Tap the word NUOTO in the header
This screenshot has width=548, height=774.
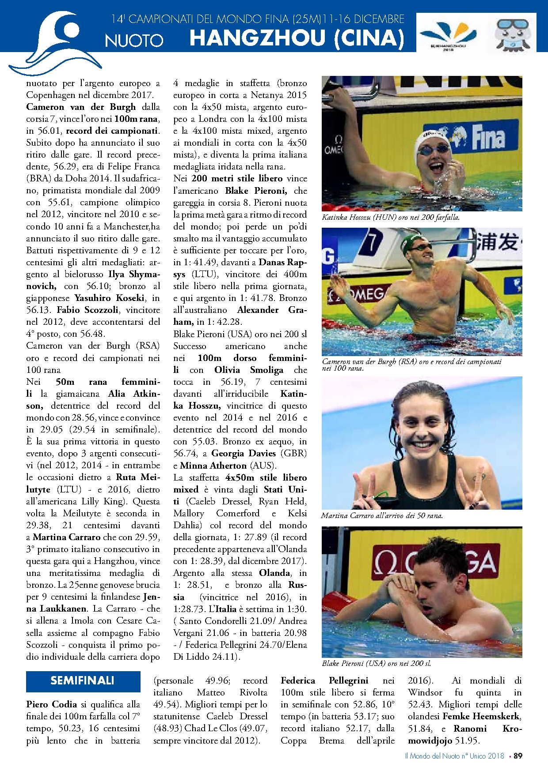point(134,41)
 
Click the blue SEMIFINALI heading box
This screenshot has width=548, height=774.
point(83,681)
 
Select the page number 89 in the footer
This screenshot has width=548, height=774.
point(518,756)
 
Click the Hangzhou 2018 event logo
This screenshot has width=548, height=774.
point(447,35)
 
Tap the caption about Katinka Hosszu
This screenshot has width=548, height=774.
point(391,217)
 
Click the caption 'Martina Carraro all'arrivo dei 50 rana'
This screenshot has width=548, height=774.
point(382,515)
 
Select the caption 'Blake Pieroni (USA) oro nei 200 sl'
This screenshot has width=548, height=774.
point(376,663)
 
